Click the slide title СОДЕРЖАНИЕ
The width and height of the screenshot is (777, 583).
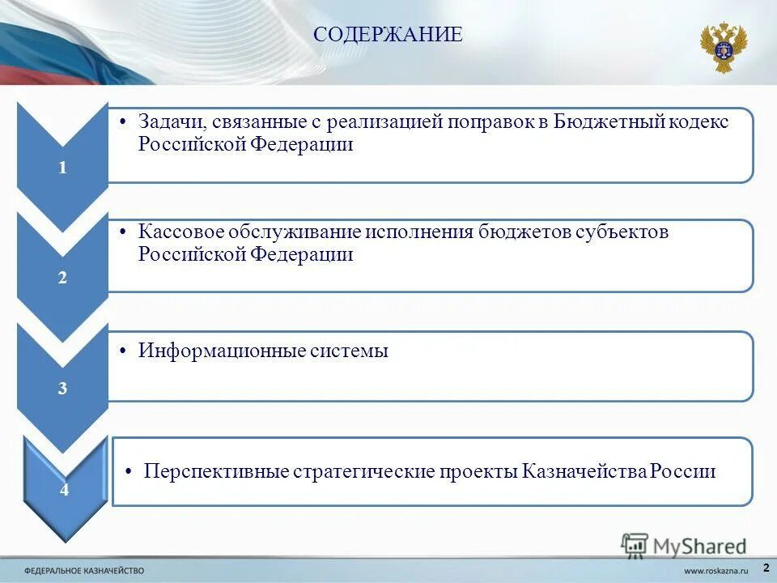point(388,35)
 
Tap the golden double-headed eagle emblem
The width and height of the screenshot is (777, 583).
point(723,47)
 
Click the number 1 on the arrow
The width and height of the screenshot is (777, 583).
point(62,168)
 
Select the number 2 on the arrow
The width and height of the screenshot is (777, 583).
point(62,278)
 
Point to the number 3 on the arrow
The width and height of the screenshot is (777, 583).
point(62,389)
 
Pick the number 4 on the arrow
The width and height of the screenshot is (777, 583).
point(65,490)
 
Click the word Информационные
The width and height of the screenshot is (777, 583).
point(221,351)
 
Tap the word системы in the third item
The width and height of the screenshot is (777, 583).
point(350,351)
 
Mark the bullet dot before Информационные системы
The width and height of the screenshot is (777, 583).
point(121,351)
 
